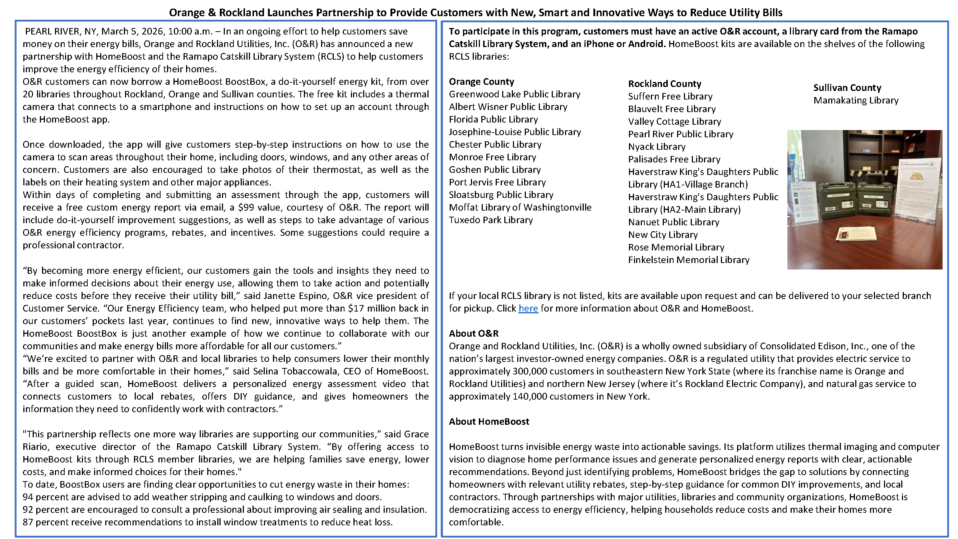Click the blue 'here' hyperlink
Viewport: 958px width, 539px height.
click(528, 308)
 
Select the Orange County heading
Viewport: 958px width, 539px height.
click(481, 82)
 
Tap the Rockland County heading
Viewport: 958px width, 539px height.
click(664, 84)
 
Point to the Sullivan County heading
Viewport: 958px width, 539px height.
click(847, 88)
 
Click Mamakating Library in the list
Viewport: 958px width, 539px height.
click(855, 101)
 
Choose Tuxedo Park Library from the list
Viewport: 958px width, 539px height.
click(491, 220)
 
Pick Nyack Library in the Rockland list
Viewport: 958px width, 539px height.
click(656, 147)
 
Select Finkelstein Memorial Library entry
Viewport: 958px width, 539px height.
click(688, 260)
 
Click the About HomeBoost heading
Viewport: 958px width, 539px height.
click(489, 421)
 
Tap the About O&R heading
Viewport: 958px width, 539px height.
click(473, 333)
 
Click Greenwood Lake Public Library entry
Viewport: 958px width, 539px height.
click(514, 94)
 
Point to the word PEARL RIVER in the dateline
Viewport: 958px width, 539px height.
click(52, 31)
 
